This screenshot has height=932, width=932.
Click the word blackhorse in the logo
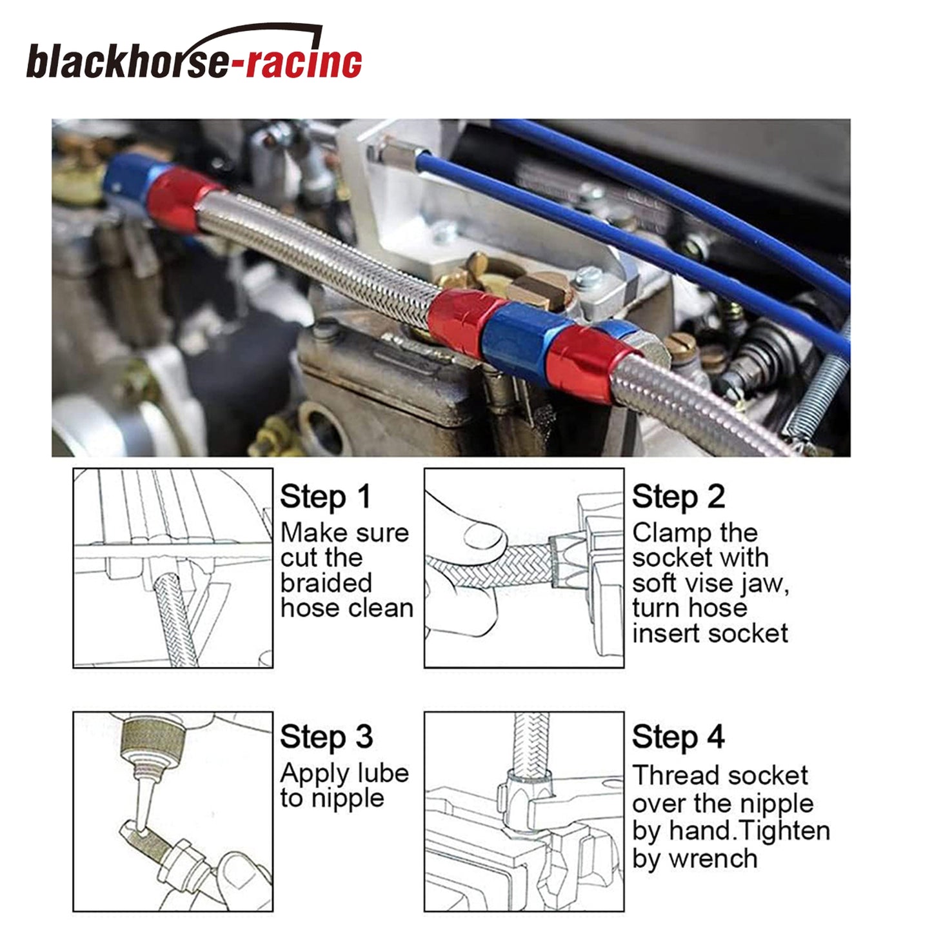tap(126, 60)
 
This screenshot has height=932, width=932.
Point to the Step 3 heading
tap(326, 737)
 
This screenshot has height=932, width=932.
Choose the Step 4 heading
tap(678, 737)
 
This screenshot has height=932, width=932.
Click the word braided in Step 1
tap(326, 582)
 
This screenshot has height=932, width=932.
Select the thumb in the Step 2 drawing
tap(484, 539)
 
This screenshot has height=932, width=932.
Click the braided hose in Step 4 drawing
tap(531, 744)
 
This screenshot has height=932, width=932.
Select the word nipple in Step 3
tap(348, 799)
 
